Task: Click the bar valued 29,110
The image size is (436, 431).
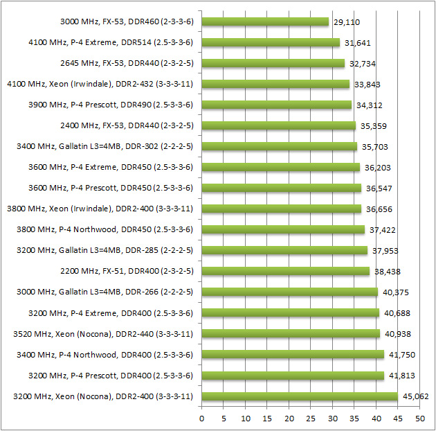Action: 265,22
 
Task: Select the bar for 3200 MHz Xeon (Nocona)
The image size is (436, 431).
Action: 300,396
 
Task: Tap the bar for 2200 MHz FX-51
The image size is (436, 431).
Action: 285,272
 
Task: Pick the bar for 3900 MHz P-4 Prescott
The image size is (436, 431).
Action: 277,105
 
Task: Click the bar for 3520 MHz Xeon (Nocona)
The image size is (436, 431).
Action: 291,334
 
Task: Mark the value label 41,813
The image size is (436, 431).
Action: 400,376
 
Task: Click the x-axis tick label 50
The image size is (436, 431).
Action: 419,419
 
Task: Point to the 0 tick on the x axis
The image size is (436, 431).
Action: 202,419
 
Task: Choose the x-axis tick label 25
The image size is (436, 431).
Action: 311,419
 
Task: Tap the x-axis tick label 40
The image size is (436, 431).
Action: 376,419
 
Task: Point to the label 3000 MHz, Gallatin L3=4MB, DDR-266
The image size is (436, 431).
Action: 105,292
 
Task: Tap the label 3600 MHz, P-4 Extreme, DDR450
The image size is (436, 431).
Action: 111,168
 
